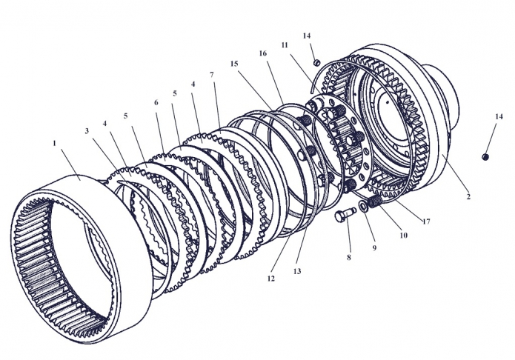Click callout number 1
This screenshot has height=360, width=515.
coord(53,141)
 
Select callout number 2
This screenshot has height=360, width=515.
coord(468,197)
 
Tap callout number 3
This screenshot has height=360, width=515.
coord(87,131)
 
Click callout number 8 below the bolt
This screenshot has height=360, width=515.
coord(348,258)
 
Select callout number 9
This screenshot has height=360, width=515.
coord(375,247)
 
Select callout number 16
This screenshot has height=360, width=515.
coord(262,53)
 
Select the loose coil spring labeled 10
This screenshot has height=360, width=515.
coord(377,200)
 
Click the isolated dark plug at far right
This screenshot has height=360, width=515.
coord(485,156)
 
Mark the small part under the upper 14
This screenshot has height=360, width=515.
coord(316,61)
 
